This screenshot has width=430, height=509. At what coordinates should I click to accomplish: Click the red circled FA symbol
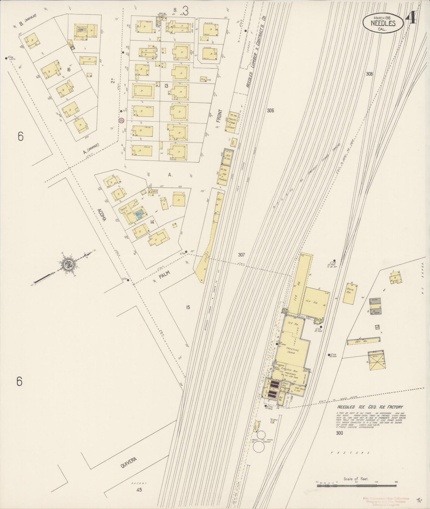click(121, 121)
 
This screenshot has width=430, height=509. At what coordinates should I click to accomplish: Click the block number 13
click(166, 86)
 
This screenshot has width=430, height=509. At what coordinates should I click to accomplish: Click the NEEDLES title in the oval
click(383, 23)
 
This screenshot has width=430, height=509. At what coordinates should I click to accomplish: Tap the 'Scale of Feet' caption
click(356, 478)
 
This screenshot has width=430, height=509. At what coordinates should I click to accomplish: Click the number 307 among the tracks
click(241, 255)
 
